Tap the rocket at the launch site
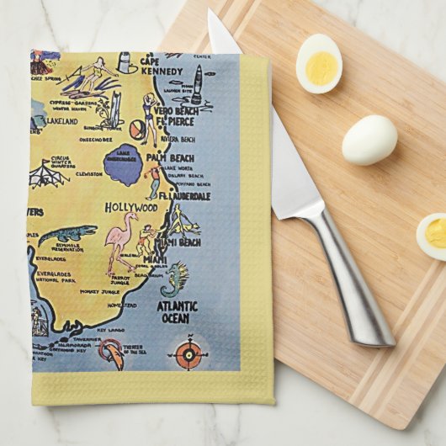pos(197,84)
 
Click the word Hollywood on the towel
pos(131,207)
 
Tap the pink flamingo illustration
pos(122,239)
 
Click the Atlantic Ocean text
pos(178,312)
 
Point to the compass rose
pos(189,353)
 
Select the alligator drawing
pos(67,233)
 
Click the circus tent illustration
pos(49,173)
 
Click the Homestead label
pos(123,306)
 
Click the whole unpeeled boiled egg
pos(369,140)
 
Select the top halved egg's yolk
pos(321,68)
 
